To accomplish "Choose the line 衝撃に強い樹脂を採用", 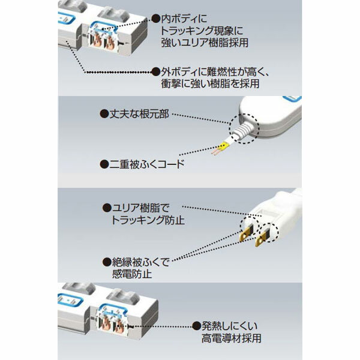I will click(211, 84).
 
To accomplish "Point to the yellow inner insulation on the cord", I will click(223, 146).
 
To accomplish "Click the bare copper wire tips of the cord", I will click(215, 153).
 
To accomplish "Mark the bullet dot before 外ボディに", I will click(156, 71).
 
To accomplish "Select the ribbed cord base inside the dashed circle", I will click(242, 129).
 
